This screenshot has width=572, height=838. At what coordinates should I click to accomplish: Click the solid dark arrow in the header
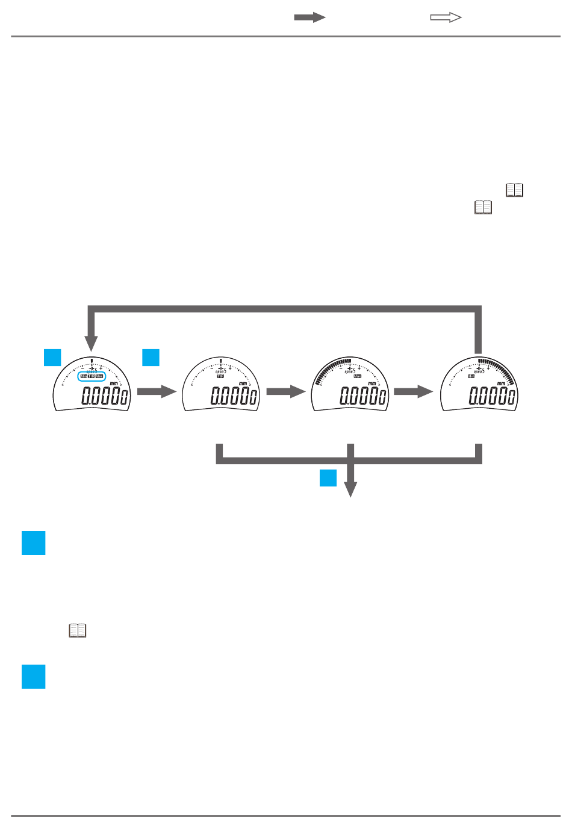pyautogui.click(x=309, y=17)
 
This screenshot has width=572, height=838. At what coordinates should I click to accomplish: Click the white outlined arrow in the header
pyautogui.click(x=446, y=17)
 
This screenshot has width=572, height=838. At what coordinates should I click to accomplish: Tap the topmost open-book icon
pyautogui.click(x=514, y=190)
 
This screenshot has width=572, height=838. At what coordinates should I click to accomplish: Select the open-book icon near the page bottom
pyautogui.click(x=78, y=630)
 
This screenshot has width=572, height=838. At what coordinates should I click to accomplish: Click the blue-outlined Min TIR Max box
pyautogui.click(x=92, y=376)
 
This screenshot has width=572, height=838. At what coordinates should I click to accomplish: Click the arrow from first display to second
pyautogui.click(x=157, y=392)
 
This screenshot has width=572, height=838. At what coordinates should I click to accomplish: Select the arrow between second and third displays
pyautogui.click(x=286, y=392)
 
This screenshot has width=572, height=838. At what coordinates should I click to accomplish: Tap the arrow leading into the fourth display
pyautogui.click(x=414, y=392)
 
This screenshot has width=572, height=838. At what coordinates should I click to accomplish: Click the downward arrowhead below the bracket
pyautogui.click(x=350, y=489)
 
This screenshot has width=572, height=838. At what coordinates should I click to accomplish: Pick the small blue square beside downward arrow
pyautogui.click(x=328, y=477)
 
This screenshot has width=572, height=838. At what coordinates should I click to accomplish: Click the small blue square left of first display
pyautogui.click(x=52, y=357)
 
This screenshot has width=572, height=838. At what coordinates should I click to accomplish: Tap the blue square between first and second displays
pyautogui.click(x=151, y=357)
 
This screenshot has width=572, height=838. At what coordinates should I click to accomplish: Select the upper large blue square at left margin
pyautogui.click(x=34, y=542)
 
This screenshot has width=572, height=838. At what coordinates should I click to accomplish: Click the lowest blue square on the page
pyautogui.click(x=34, y=676)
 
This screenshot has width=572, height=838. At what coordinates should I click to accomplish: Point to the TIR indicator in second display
pyautogui.click(x=220, y=376)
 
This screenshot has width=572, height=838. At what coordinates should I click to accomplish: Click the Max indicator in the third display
pyautogui.click(x=357, y=376)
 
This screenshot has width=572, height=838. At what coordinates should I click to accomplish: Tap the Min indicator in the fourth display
pyautogui.click(x=471, y=376)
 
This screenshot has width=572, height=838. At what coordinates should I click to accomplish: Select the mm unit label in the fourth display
pyautogui.click(x=501, y=383)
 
